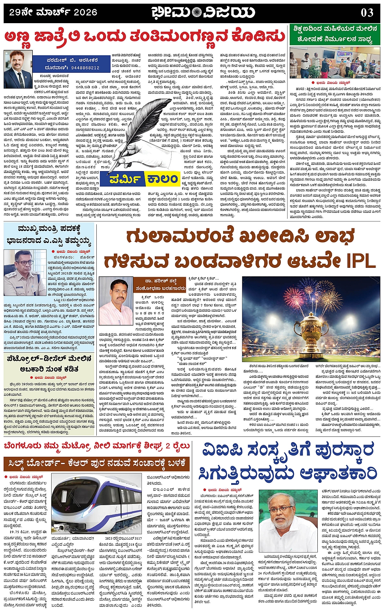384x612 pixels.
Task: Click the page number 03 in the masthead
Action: pos(367,13)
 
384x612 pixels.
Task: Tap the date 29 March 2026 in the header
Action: pos(53,12)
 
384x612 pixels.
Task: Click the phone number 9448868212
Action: pos(85,68)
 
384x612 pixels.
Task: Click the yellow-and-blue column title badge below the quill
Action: pos(144,179)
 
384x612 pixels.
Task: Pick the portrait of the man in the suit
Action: pos(18,69)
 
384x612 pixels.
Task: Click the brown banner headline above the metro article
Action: pos(97,464)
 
